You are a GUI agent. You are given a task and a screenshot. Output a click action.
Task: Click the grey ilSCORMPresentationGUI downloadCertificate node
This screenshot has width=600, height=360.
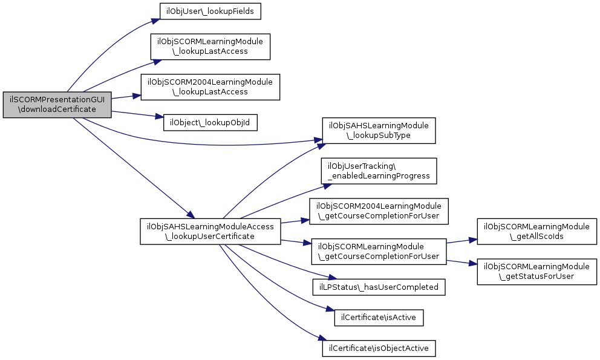coord(57,105)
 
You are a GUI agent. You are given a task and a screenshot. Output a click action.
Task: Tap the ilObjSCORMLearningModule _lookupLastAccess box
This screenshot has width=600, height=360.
coord(210,47)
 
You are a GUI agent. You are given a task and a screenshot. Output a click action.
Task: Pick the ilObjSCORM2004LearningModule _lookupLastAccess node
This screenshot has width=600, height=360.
coord(210,87)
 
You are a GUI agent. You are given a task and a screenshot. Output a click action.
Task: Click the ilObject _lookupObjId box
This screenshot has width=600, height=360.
coord(210,122)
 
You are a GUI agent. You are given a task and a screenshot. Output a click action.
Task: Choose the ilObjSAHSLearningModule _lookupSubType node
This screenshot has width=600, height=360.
coord(379,130)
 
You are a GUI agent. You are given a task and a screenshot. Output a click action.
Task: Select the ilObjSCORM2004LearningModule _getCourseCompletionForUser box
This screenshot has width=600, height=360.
coord(379,211)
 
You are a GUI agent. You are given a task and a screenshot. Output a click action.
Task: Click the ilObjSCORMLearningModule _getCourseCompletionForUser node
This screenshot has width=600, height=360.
coord(379,251)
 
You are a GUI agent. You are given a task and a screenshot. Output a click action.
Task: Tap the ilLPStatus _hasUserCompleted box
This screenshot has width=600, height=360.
coord(379,286)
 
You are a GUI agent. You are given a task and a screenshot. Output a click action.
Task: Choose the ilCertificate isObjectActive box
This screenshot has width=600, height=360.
coord(379,349)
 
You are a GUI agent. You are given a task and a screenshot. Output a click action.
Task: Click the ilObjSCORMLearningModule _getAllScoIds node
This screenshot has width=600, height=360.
coord(538,231)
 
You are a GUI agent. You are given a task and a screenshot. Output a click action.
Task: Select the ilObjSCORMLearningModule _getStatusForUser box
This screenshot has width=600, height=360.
coord(538,272)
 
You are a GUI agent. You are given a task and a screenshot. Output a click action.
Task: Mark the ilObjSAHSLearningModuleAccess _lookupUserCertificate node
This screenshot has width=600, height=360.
coord(210,231)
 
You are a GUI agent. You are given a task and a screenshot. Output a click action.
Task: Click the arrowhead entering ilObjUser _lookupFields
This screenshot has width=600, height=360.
coord(156,22)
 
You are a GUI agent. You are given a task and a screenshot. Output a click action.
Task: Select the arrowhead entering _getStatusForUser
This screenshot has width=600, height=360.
coord(474,264)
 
